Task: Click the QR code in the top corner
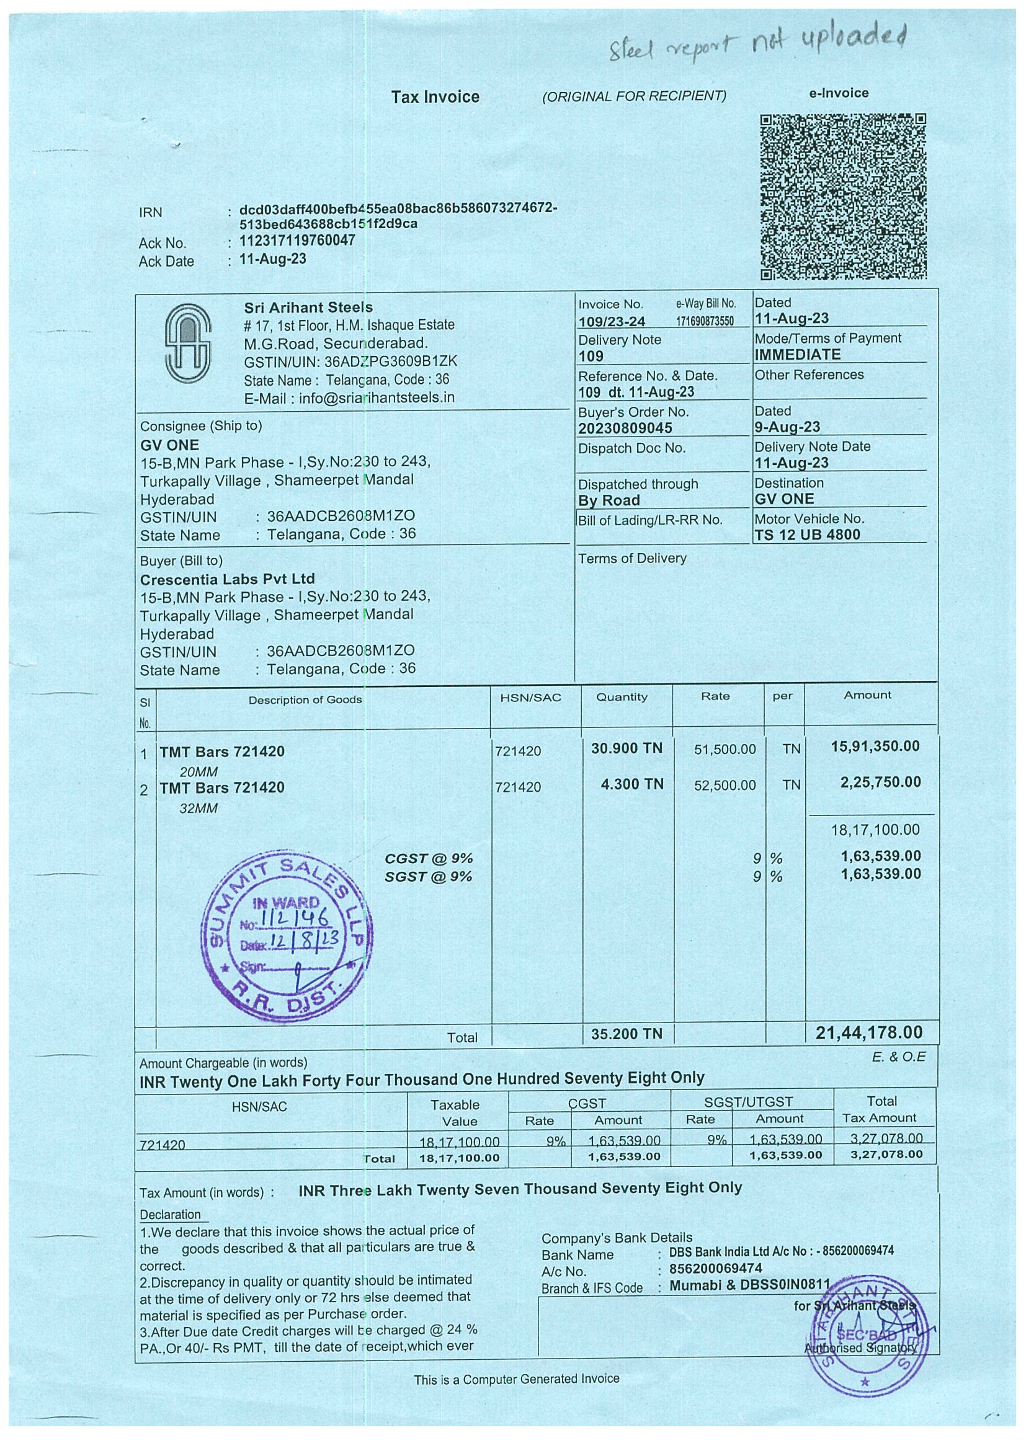pyautogui.click(x=842, y=196)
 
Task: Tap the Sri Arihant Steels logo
pyautogui.click(x=188, y=343)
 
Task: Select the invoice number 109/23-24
pyautogui.click(x=611, y=321)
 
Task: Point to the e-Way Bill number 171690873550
pyautogui.click(x=704, y=321)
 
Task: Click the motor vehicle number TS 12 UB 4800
pyautogui.click(x=806, y=535)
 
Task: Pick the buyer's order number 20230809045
pyautogui.click(x=625, y=428)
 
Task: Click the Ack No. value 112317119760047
pyautogui.click(x=297, y=241)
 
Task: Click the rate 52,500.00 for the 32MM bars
pyautogui.click(x=725, y=785)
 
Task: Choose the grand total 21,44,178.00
pyautogui.click(x=868, y=1032)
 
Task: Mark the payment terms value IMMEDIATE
pyautogui.click(x=797, y=355)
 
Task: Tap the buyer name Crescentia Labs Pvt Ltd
pyautogui.click(x=227, y=579)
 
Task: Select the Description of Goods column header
pyautogui.click(x=305, y=699)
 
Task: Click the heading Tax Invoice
pyautogui.click(x=435, y=97)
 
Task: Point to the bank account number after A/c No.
pyautogui.click(x=716, y=1268)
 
